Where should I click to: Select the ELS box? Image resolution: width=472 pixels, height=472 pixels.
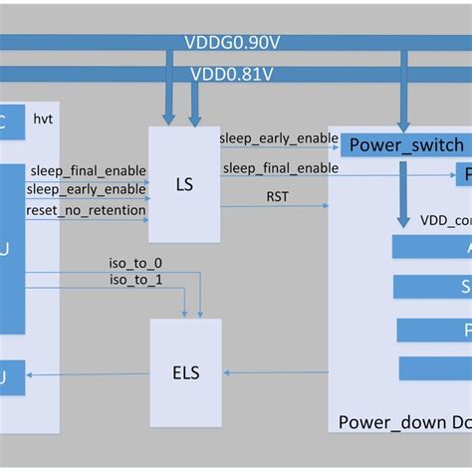(x=185, y=373)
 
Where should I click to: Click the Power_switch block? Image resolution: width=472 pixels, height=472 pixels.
(x=406, y=145)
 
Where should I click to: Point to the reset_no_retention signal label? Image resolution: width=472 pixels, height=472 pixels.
(x=87, y=209)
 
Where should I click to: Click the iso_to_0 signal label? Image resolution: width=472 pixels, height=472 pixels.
(x=135, y=263)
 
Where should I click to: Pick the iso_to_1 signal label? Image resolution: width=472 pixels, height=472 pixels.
(x=135, y=280)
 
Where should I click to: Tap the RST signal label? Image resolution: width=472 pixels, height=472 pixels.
(x=277, y=196)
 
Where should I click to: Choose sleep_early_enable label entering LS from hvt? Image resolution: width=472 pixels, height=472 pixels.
(x=87, y=190)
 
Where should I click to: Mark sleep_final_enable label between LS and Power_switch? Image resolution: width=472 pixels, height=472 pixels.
(x=280, y=168)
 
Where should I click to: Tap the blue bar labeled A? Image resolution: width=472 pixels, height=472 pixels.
(x=432, y=247)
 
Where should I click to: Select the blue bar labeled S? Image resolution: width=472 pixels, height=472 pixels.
(x=432, y=287)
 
